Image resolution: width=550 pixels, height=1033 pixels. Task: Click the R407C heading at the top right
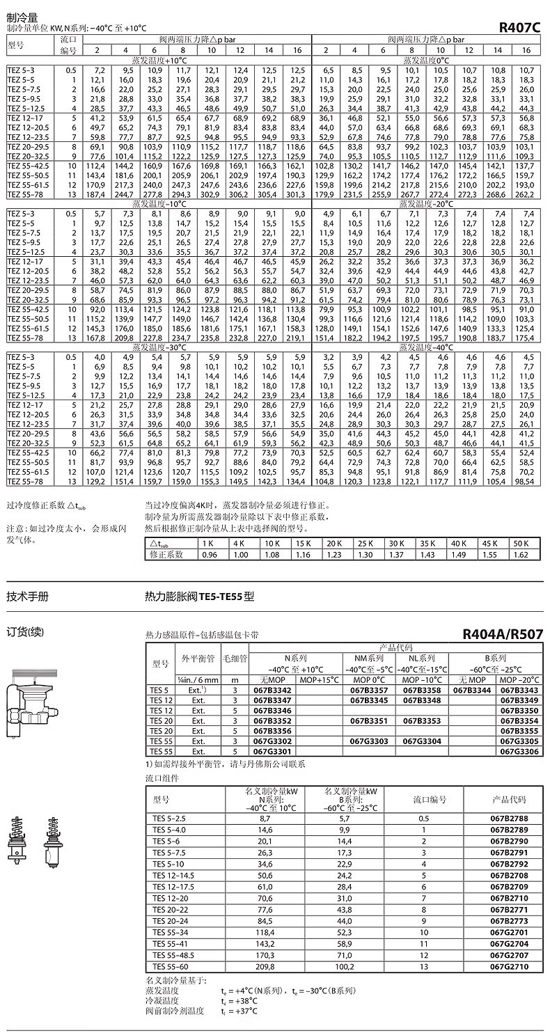click(x=520, y=29)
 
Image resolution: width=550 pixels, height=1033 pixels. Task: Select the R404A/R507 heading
click(x=502, y=635)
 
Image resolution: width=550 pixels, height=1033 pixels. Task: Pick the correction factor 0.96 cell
click(x=207, y=554)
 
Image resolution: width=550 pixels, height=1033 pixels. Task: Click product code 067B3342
click(x=274, y=690)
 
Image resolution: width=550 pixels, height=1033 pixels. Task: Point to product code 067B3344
click(x=471, y=690)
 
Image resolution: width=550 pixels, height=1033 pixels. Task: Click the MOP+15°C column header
click(x=320, y=679)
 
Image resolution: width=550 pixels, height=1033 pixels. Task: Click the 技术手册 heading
click(x=28, y=596)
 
